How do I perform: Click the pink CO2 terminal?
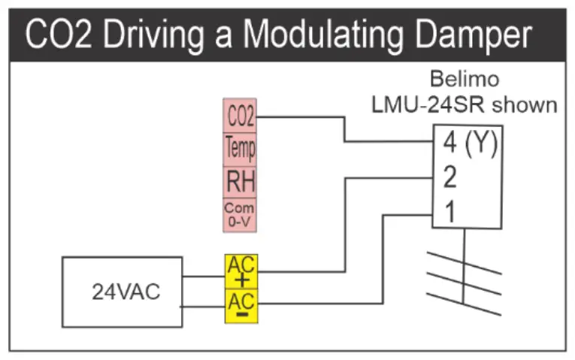[241, 117]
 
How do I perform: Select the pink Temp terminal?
[241, 149]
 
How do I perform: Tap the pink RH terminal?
[241, 181]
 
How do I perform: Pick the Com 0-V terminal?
[241, 213]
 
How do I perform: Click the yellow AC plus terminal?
[241, 271]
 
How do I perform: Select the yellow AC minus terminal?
[241, 304]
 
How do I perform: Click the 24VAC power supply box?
[122, 292]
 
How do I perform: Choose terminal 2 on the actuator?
[450, 178]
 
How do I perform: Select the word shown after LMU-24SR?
[525, 104]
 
